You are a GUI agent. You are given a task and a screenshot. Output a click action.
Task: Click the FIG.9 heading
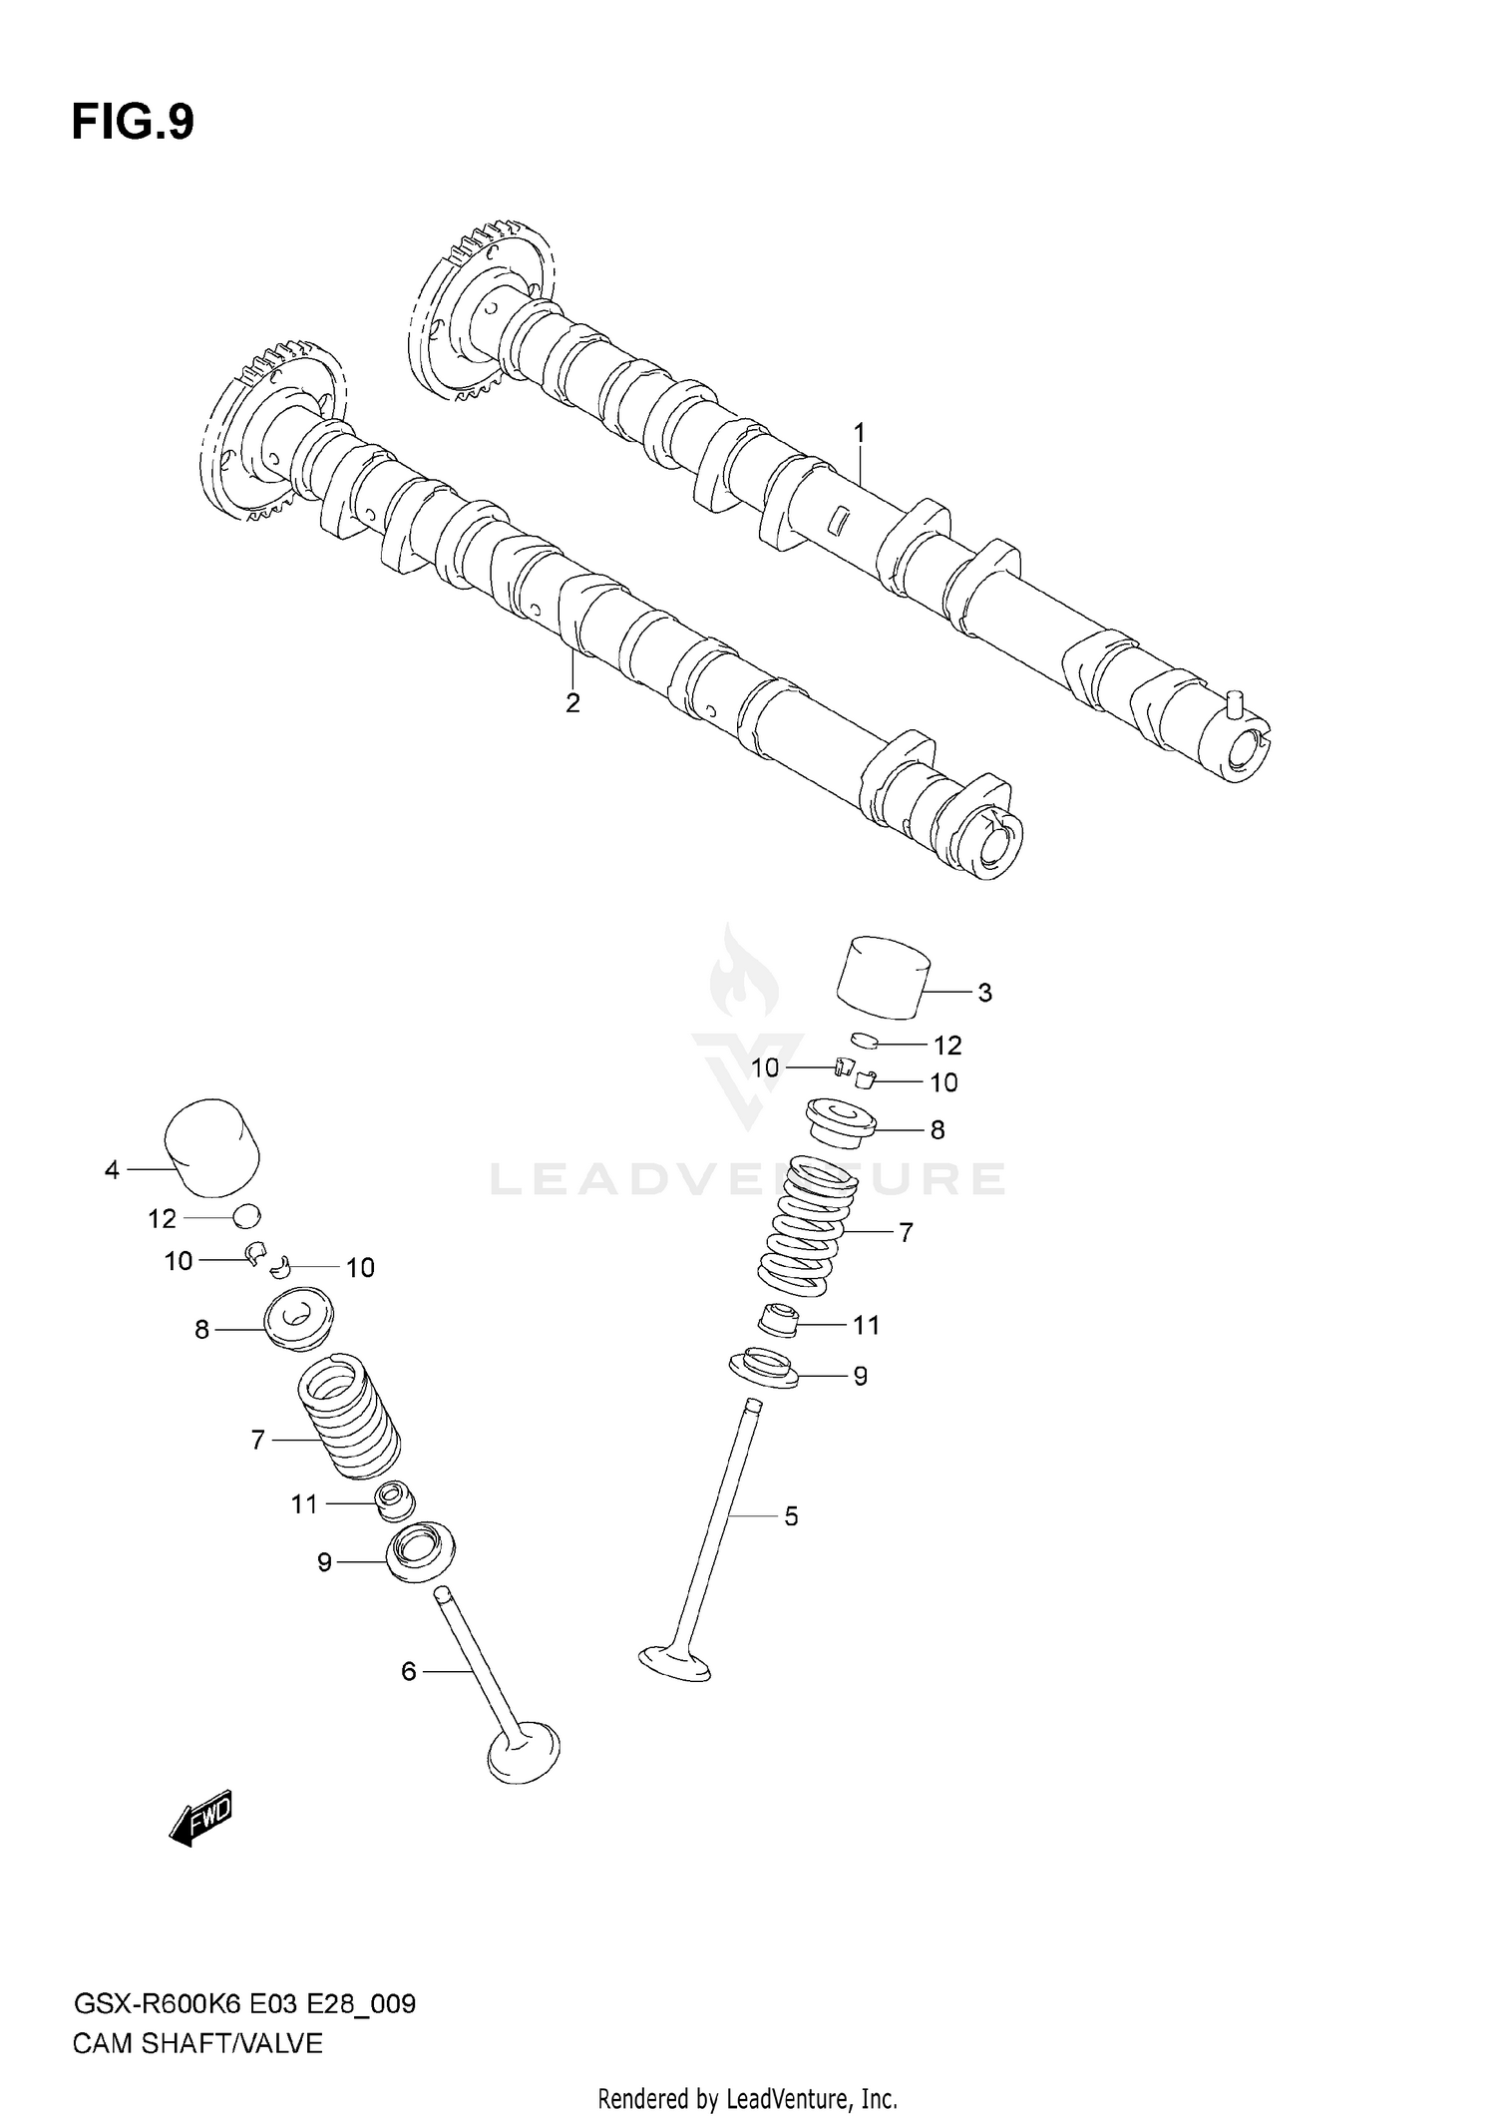coord(133,123)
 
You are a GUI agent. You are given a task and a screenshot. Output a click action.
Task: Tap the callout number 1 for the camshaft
coord(859,433)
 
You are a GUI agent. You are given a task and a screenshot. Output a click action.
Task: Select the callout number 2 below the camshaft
coord(572,702)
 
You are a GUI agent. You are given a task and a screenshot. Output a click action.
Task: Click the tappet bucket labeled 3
coord(882,977)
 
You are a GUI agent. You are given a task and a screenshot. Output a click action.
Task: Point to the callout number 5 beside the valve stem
coord(791,1516)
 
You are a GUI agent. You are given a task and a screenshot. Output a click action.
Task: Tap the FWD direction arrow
coord(202,1816)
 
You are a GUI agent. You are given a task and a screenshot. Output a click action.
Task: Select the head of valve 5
coord(675,1663)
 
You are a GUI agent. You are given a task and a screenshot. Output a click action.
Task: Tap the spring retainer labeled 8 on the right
coord(840,1124)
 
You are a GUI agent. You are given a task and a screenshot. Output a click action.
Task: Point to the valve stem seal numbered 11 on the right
coord(779,1322)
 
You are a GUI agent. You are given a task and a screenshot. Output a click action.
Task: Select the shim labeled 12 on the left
coord(246,1216)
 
